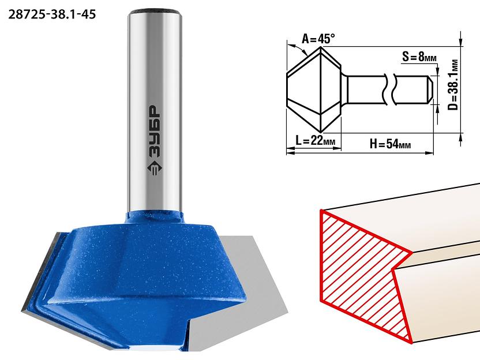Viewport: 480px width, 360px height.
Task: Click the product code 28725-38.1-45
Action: point(52,14)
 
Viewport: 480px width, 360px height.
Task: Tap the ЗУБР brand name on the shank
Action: point(155,132)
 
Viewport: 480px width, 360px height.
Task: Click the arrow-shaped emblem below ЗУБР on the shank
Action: point(155,168)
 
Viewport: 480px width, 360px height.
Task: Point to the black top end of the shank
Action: point(155,13)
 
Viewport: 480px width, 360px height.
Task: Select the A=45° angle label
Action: point(318,39)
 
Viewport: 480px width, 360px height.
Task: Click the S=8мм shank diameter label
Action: point(419,57)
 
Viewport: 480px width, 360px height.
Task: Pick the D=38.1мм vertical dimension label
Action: point(454,85)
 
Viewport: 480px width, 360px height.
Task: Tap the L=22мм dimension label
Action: point(316,141)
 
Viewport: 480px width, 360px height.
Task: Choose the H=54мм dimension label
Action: point(390,143)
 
